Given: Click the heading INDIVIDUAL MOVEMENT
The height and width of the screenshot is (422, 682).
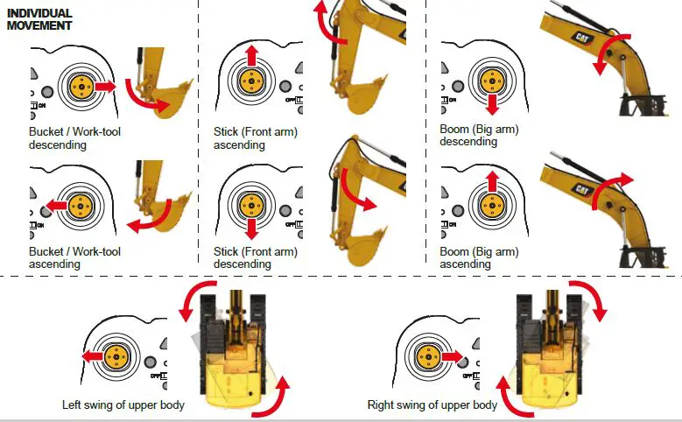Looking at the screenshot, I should (x=39, y=20).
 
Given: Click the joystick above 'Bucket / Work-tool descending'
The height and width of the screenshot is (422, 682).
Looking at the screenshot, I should (x=81, y=87).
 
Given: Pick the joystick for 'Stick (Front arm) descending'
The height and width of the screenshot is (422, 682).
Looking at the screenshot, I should (x=251, y=205).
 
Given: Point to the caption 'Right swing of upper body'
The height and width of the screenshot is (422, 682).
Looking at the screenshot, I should (x=433, y=405).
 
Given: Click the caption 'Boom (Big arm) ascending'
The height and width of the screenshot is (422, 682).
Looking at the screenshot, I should (x=480, y=257).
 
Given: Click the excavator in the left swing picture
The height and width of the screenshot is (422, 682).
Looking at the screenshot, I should (x=235, y=350).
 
